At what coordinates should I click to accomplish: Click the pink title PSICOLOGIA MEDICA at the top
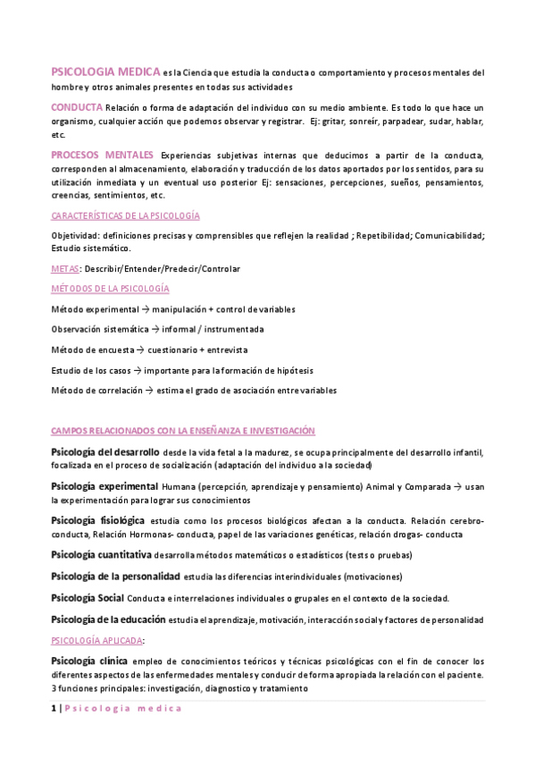[x=105, y=72]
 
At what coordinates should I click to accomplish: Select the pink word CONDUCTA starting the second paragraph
[x=76, y=107]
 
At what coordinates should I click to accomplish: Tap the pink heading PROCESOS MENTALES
[x=102, y=154]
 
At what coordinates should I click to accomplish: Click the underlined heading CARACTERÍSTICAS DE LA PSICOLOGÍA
[x=125, y=216]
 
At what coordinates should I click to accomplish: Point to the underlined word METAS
[x=65, y=268]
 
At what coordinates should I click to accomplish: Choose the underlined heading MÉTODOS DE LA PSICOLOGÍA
[x=110, y=289]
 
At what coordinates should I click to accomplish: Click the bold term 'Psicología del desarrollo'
[x=105, y=452]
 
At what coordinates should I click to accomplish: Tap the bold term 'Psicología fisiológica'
[x=97, y=519]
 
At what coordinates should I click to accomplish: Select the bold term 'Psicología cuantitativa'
[x=100, y=554]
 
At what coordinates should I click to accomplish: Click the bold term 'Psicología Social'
[x=87, y=597]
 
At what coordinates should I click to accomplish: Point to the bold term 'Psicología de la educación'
[x=108, y=619]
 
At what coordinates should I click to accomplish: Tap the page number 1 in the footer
[x=54, y=708]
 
